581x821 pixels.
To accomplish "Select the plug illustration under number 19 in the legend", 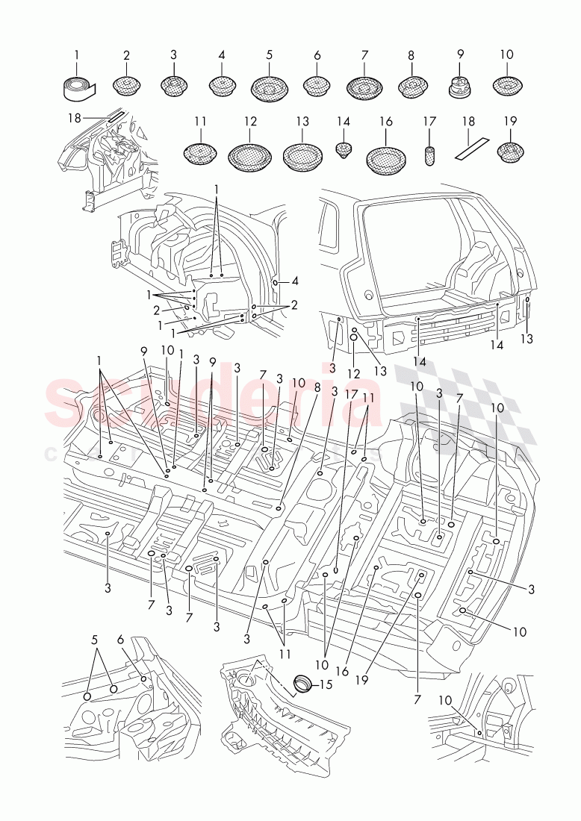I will (x=508, y=154).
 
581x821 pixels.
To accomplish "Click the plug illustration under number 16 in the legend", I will (x=385, y=157).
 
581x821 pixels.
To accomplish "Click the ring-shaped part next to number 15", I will (x=303, y=682).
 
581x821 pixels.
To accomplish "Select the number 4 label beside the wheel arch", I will (x=296, y=281).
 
